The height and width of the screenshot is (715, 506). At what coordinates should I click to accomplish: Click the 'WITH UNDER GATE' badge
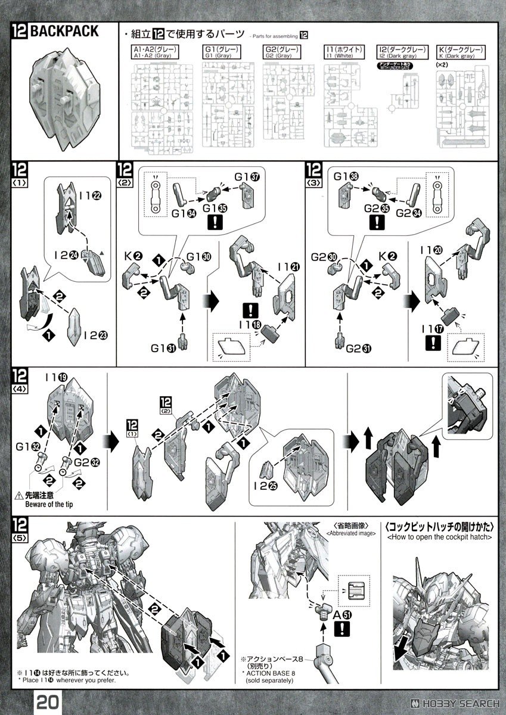[396, 67]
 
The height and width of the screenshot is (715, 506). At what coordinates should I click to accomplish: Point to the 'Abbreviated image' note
[352, 529]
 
